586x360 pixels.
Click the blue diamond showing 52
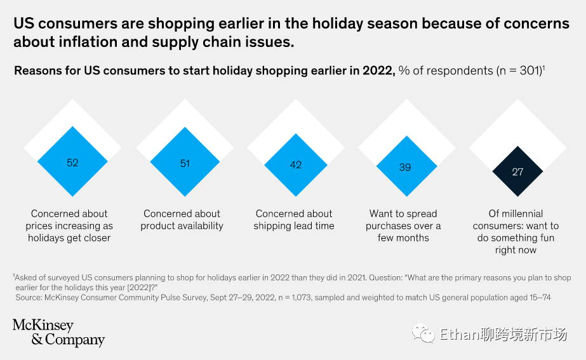[x=72, y=163]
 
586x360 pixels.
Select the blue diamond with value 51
[x=185, y=163]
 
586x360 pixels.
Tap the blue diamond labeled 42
[x=296, y=164]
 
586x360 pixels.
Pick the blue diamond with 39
[x=405, y=168]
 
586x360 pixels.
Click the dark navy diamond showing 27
[x=518, y=171]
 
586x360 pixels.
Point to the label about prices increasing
[x=69, y=225]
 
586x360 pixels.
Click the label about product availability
[x=182, y=220]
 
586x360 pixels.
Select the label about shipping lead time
[x=294, y=220]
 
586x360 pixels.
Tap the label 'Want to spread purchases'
[x=403, y=225]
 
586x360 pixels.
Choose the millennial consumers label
[x=516, y=232]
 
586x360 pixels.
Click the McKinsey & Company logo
[x=58, y=333]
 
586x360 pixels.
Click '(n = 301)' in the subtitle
[x=519, y=70]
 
